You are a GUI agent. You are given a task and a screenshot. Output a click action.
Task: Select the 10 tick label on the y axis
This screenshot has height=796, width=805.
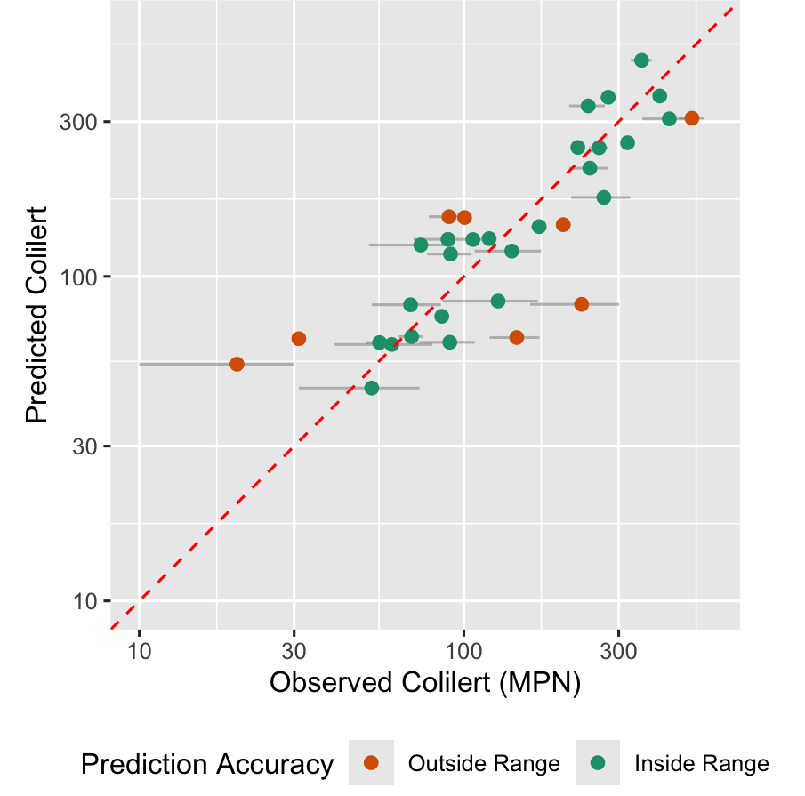coord(86,601)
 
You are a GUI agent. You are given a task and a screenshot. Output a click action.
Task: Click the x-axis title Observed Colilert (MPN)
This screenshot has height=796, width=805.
coord(425,683)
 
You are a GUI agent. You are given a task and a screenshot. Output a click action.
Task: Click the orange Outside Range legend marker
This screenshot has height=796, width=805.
coord(372,763)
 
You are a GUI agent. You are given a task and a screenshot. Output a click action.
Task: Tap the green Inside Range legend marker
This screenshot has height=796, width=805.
coord(598,763)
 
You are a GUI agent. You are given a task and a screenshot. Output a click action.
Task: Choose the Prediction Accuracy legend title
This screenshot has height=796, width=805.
coord(207,763)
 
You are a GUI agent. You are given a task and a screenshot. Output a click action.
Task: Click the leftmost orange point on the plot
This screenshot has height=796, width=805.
coord(237,364)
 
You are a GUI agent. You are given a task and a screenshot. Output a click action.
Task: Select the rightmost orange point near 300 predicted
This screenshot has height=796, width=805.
coord(691,118)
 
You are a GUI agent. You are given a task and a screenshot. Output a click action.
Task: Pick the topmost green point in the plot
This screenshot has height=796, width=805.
coord(641,60)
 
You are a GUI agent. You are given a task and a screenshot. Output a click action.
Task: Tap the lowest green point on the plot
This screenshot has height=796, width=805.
coord(372,388)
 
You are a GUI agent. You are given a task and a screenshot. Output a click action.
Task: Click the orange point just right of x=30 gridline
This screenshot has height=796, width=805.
coord(299,339)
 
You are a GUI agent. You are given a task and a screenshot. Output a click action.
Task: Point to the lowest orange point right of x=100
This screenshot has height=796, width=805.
coord(517,337)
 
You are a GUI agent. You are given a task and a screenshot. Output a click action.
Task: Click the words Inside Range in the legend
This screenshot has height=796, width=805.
coord(701,763)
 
